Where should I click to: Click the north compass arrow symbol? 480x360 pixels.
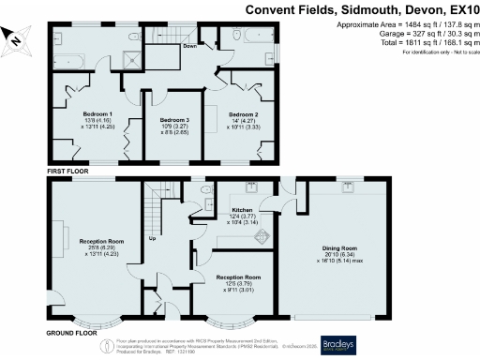16,38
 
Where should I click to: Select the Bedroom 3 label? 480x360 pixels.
173,121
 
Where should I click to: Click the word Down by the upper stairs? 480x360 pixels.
190,45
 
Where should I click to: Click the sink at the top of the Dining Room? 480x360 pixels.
347,187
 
